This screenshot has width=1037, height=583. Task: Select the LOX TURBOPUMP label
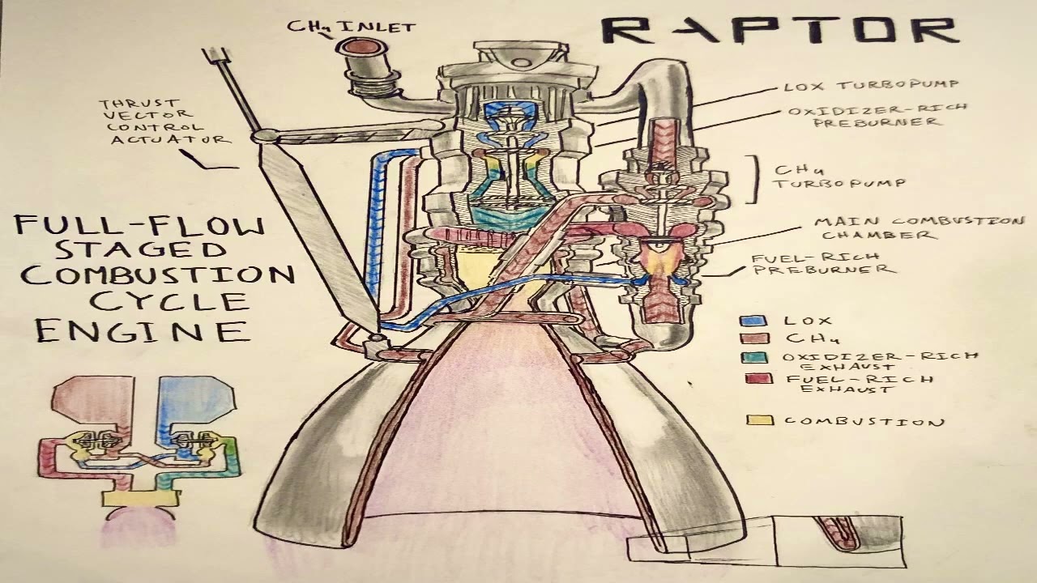(x=871, y=85)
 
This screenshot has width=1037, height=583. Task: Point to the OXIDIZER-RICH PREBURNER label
(x=877, y=115)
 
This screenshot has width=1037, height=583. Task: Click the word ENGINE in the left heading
(x=141, y=330)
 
